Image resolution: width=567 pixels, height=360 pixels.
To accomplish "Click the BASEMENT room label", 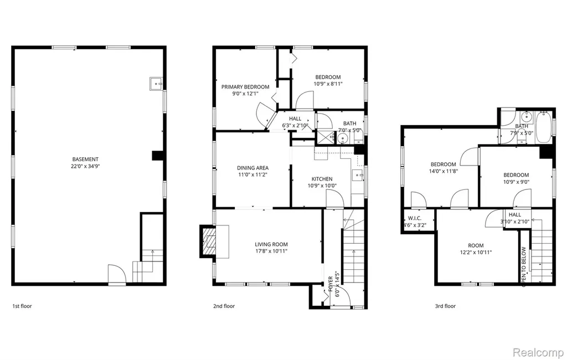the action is coord(85,159).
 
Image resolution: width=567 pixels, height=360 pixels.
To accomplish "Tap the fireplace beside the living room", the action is coord(209,241).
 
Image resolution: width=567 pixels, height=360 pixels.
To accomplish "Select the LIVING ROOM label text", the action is coord(271,245).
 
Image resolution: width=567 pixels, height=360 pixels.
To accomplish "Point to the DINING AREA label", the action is coord(252,168).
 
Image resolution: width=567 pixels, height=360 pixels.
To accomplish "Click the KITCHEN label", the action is coord(322,179).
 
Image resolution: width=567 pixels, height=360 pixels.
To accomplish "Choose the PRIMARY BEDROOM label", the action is coord(245,87).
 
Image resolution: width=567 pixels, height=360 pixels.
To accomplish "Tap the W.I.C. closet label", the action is coord(415,219).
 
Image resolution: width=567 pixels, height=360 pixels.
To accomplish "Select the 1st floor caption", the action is coord(22,306).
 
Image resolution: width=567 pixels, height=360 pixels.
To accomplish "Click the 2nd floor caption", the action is coord(224,306).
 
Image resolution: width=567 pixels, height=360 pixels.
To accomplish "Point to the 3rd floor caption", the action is coord(445,306).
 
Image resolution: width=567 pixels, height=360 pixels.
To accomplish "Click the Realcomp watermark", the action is coord(538,352).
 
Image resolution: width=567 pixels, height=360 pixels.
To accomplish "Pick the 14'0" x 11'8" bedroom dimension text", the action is coord(444,171).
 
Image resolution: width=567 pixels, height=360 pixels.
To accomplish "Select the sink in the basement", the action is coord(156,84).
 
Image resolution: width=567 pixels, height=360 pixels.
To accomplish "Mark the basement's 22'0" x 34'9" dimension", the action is coord(85,167).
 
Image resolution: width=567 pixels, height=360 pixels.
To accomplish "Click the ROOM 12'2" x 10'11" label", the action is coord(476,249).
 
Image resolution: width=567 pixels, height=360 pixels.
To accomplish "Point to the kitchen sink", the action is coord(358,175).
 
